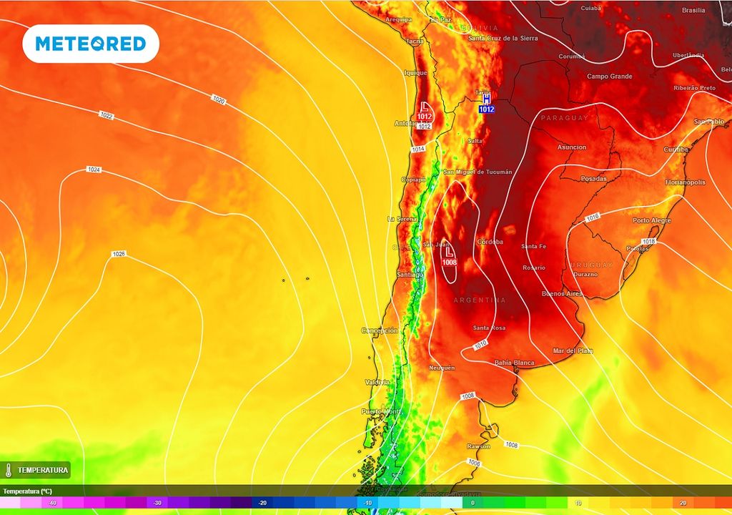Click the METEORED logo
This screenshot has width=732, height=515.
[91, 44]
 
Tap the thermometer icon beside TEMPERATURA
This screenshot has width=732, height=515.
[9, 470]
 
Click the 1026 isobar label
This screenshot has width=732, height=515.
[119, 255]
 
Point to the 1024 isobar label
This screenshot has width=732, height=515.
[94, 170]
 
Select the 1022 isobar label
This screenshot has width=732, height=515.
[106, 115]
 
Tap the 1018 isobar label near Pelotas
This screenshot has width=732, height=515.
[648, 242]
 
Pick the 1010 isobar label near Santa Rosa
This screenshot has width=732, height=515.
[480, 345]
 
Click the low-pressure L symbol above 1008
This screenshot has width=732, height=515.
[450, 252]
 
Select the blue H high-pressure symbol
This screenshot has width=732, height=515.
[487, 99]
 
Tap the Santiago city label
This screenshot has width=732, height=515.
[410, 275]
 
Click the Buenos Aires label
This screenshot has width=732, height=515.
[563, 293]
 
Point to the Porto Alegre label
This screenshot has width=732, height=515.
[651, 220]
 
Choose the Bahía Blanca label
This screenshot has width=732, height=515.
[514, 363]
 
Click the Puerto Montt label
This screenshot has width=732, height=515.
[380, 411]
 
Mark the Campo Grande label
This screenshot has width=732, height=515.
[610, 76]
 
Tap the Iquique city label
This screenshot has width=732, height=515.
[415, 73]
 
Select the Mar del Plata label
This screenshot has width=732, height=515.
[573, 350]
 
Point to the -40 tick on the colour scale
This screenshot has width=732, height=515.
[52, 503]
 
